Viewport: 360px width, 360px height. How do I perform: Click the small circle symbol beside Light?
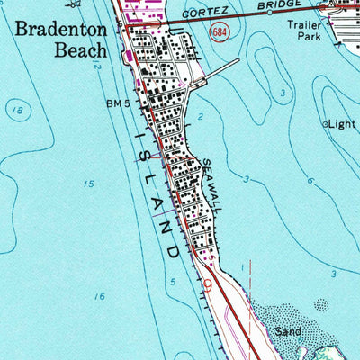click(x=326, y=123)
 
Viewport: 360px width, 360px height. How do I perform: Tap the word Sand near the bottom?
click(x=288, y=331)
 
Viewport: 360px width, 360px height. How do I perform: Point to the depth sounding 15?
click(x=88, y=184)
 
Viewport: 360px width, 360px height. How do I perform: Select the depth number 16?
click(x=99, y=295)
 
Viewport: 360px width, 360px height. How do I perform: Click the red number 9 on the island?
click(x=208, y=283)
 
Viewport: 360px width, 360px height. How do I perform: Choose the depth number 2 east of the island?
click(x=200, y=117)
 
